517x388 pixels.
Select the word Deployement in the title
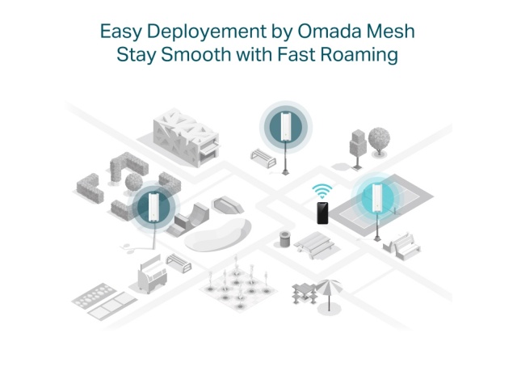pyautogui.click(x=207, y=32)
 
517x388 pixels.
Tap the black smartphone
pyautogui.click(x=322, y=213)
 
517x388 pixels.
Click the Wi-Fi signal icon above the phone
pyautogui.click(x=322, y=192)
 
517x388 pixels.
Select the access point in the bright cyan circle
pyautogui.click(x=377, y=198)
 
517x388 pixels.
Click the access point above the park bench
pyautogui.click(x=285, y=127)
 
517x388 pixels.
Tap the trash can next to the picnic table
pyautogui.click(x=285, y=239)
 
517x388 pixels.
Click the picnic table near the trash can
pyautogui.click(x=314, y=245)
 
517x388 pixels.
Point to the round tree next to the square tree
pyautogui.click(x=379, y=141)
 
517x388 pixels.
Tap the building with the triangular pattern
pyautogui.click(x=187, y=138)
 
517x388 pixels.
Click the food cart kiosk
pyautogui.click(x=153, y=275)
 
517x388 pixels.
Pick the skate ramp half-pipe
pyautogui.click(x=188, y=219)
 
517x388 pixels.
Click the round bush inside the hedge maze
pyautogui.click(x=134, y=182)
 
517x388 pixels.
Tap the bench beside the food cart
pyautogui.click(x=179, y=263)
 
